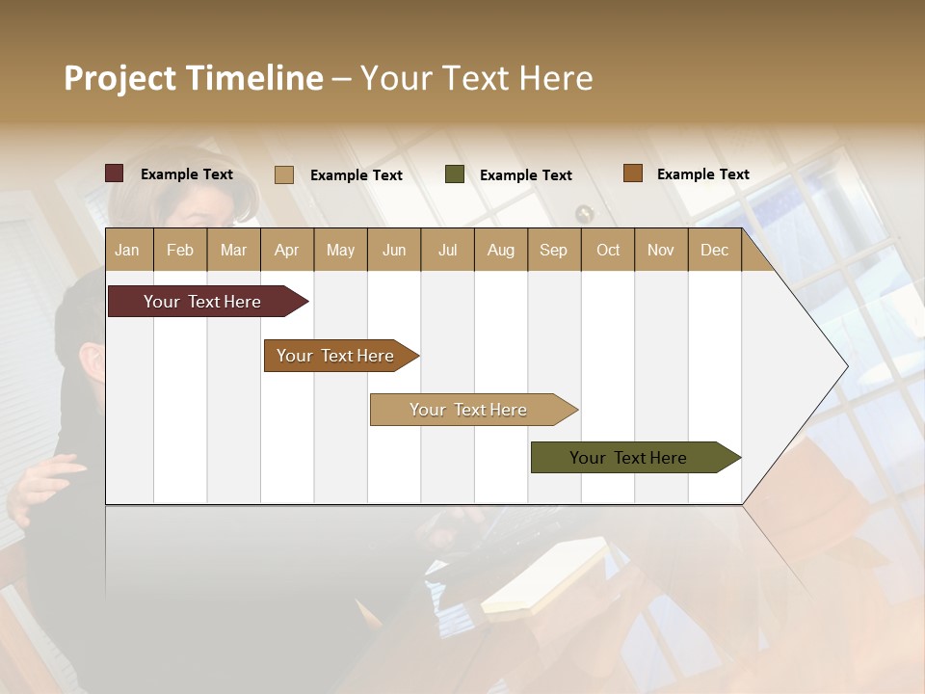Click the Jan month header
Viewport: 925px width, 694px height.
point(128,250)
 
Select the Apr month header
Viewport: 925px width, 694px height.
point(287,250)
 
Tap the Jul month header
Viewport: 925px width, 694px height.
point(447,250)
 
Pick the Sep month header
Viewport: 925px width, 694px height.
point(553,250)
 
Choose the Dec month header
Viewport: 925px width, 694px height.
point(714,250)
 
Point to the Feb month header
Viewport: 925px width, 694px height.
point(180,250)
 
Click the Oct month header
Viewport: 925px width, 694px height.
point(608,250)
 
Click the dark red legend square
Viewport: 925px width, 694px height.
point(115,173)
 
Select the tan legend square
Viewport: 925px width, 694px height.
point(284,174)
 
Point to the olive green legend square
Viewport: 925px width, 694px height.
point(455,174)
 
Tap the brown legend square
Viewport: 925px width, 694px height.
point(633,173)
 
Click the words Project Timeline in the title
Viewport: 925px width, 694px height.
point(194,78)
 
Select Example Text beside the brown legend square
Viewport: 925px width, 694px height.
point(702,174)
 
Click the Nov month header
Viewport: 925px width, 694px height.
point(661,250)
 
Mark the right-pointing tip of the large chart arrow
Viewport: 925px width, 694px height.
point(846,365)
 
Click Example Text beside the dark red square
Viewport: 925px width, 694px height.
point(187,174)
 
